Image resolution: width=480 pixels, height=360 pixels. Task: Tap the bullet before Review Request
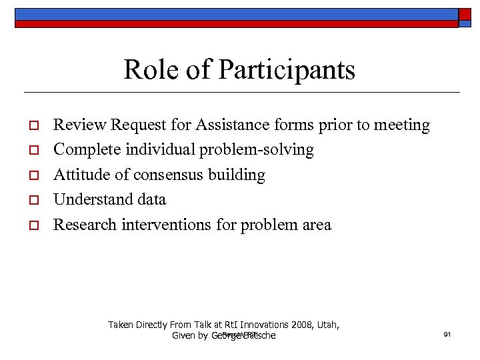click(x=31, y=125)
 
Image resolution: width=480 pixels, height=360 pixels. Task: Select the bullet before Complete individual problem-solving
click(x=31, y=150)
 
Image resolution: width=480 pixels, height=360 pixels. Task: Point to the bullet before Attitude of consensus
click(x=31, y=175)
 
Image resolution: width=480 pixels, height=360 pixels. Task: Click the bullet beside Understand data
click(x=31, y=200)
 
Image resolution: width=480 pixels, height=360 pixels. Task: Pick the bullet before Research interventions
click(x=31, y=225)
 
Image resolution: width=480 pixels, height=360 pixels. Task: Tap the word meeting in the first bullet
click(x=403, y=125)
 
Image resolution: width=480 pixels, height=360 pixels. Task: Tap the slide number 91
click(x=447, y=334)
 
